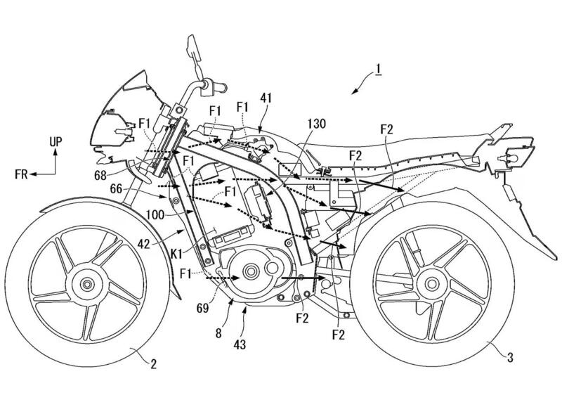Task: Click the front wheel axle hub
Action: click(x=86, y=285)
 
